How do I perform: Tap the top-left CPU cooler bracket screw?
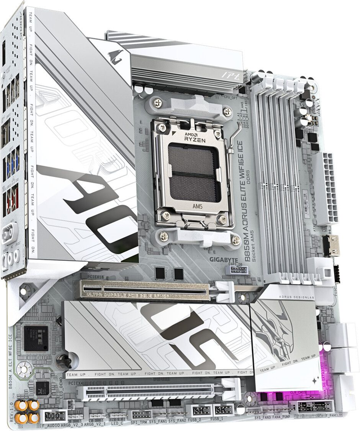pos(159,103)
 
